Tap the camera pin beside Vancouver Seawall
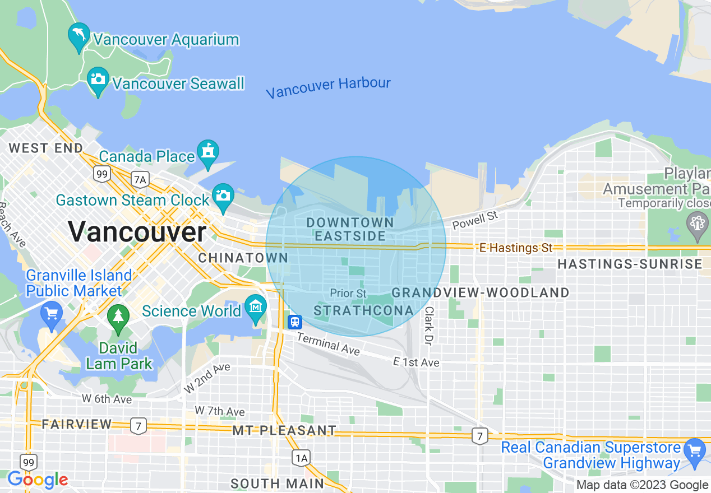tap(98, 80)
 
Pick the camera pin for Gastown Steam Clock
tap(223, 196)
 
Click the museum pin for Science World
tap(256, 307)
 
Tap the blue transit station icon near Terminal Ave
tap(295, 322)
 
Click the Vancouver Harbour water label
tap(328, 88)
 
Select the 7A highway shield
tap(140, 179)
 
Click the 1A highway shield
tap(301, 458)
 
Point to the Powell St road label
tap(475, 220)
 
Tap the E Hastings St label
tap(516, 247)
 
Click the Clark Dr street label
tap(429, 325)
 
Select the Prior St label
tap(348, 293)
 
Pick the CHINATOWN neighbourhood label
tap(243, 258)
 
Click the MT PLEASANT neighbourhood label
tap(284, 430)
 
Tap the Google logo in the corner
tap(38, 480)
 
